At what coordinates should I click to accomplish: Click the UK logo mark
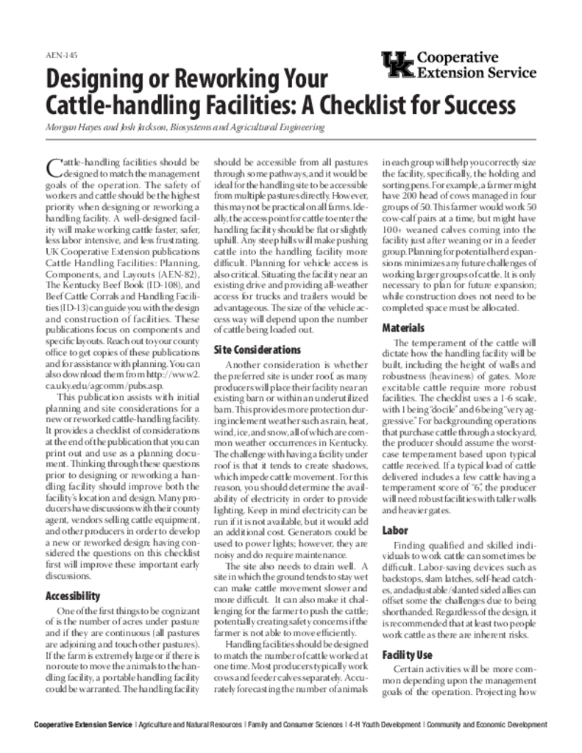(x=398, y=65)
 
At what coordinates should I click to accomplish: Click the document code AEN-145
(x=61, y=55)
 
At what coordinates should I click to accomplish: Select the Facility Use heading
(x=408, y=654)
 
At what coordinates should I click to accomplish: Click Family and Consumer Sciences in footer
(x=295, y=725)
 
